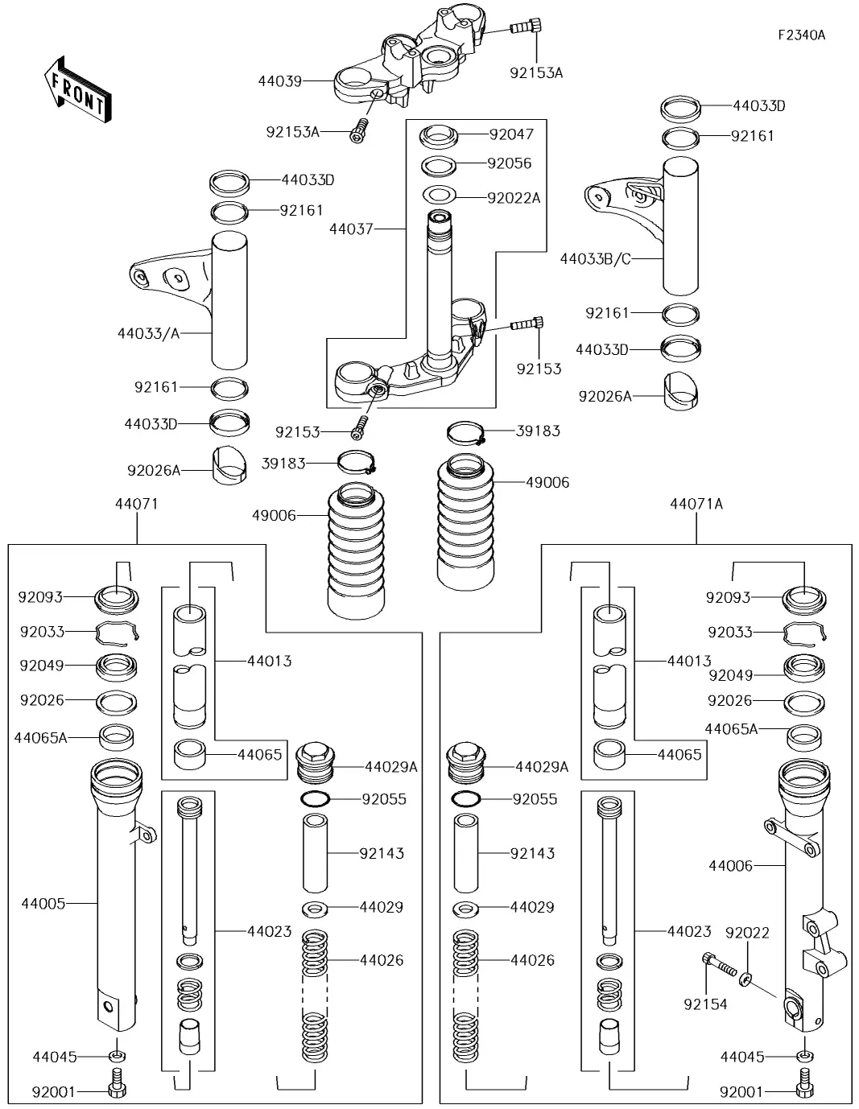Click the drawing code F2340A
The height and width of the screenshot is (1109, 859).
click(x=801, y=35)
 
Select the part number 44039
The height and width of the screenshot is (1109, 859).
click(x=280, y=81)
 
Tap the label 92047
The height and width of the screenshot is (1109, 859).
click(x=512, y=134)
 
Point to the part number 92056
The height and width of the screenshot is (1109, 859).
click(x=510, y=163)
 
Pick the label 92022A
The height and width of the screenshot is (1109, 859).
click(x=514, y=197)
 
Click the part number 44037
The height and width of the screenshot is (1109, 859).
click(x=351, y=229)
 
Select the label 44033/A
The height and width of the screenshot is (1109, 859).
click(x=148, y=332)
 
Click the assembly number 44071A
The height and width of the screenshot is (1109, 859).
click(x=696, y=504)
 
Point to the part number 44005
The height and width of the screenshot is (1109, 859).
click(x=43, y=904)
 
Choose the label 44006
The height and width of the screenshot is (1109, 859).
click(x=731, y=866)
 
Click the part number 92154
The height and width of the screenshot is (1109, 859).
click(x=706, y=1004)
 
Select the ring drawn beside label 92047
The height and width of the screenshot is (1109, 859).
click(x=438, y=135)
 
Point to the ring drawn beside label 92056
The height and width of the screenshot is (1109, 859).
click(x=439, y=167)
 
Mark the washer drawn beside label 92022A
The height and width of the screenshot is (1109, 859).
click(x=439, y=195)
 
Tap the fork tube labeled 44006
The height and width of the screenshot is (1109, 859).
click(x=802, y=893)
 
